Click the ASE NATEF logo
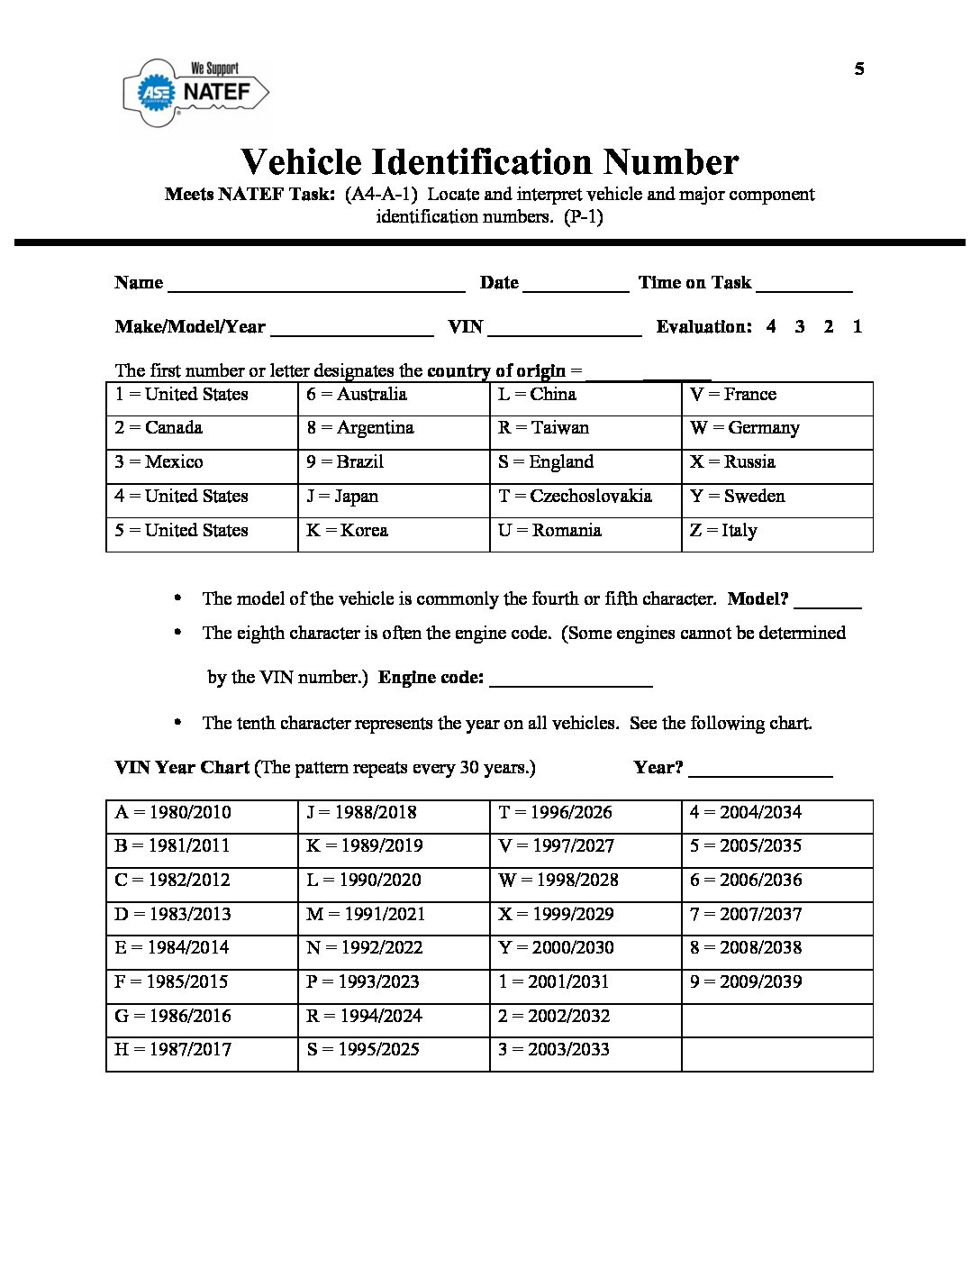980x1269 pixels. [x=195, y=92]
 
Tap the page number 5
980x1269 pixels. [x=859, y=69]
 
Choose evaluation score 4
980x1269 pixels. [x=771, y=327]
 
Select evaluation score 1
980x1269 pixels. [x=857, y=327]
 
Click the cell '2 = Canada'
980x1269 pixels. [x=202, y=428]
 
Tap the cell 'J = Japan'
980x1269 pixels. [x=394, y=497]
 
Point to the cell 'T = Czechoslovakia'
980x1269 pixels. [x=585, y=497]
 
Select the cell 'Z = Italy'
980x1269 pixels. [x=777, y=531]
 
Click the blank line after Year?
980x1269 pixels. [x=760, y=773]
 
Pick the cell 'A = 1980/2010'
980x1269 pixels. [x=202, y=813]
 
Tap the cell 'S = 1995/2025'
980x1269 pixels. [x=394, y=1050]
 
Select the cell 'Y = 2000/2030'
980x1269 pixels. [x=585, y=948]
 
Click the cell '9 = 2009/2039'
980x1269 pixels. [x=777, y=982]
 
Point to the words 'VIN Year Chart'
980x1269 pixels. [x=182, y=768]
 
